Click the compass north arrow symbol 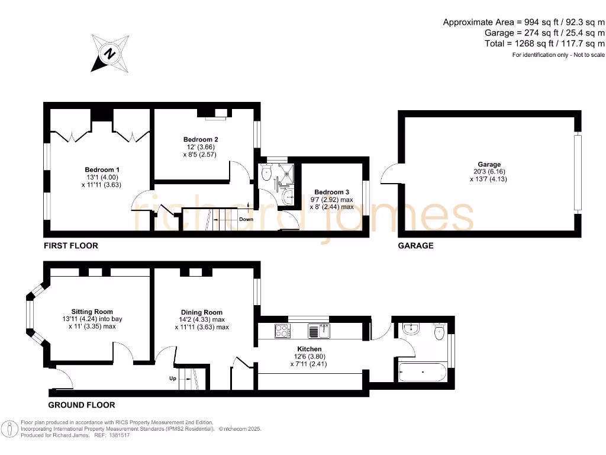(x=110, y=54)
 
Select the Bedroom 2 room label (x=196, y=140)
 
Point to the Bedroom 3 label (x=331, y=192)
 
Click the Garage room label (x=489, y=164)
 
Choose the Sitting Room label (x=92, y=312)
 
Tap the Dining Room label (x=202, y=312)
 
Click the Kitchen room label (x=310, y=349)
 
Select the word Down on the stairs (x=246, y=219)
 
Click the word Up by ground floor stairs (x=173, y=378)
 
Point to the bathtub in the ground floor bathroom (x=423, y=372)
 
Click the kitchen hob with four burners (x=281, y=330)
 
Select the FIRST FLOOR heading (x=71, y=245)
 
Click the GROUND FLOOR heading (x=82, y=405)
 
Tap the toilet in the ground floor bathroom (x=439, y=332)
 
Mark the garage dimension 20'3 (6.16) (x=489, y=172)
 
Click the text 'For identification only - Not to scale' (x=559, y=55)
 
